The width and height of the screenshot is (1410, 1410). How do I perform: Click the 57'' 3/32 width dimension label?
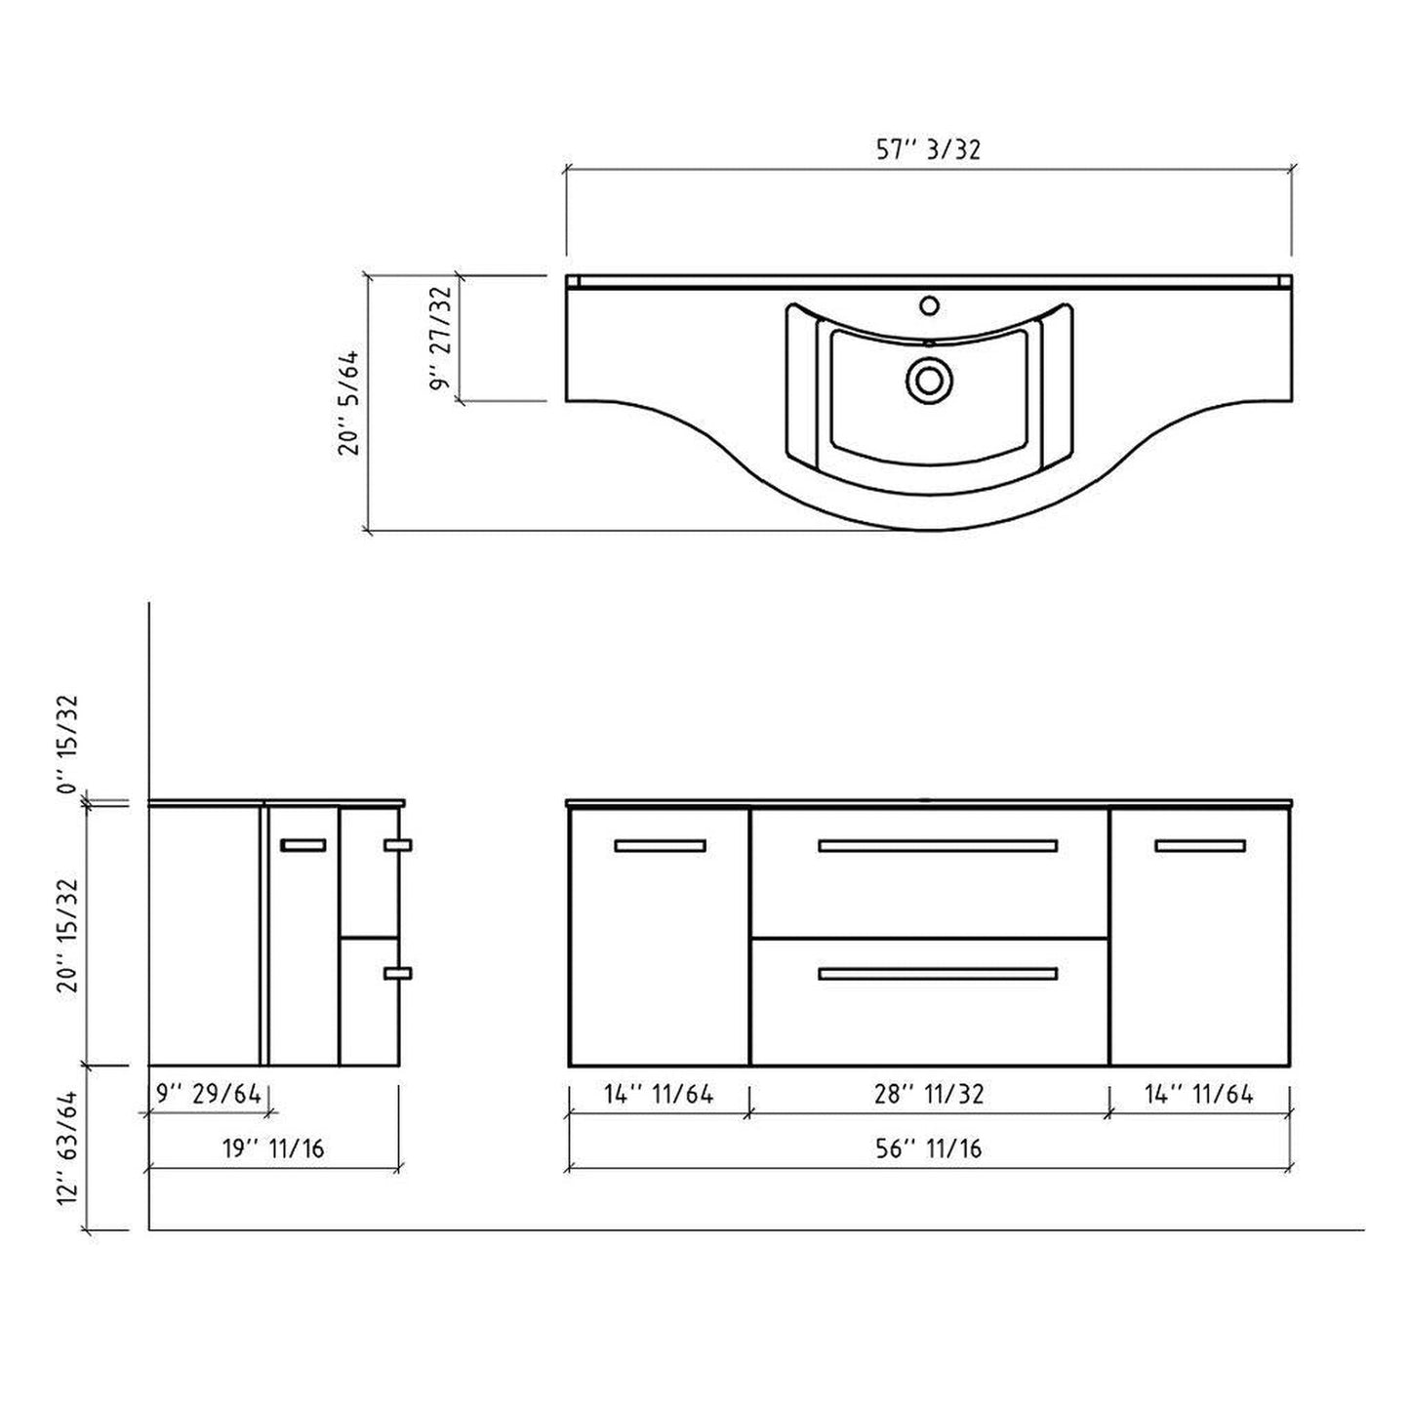tap(927, 149)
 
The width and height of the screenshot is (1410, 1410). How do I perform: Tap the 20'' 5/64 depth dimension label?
tap(350, 403)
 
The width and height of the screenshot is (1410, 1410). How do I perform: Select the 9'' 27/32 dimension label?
tap(445, 339)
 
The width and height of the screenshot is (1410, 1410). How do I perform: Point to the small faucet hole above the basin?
tap(929, 305)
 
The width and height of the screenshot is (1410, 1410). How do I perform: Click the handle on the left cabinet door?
tap(660, 846)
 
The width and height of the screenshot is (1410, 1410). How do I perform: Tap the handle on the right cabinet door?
tap(1199, 846)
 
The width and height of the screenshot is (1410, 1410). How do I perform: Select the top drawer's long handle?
tap(937, 846)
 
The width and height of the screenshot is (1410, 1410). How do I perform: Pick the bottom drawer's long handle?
tap(937, 973)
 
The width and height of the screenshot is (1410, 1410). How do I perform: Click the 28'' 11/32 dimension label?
tap(929, 1094)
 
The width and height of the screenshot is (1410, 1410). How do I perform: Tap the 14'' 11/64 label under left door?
tap(659, 1094)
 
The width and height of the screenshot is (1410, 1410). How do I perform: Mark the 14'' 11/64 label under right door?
tap(1198, 1094)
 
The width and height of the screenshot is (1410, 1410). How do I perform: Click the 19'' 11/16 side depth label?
tap(272, 1148)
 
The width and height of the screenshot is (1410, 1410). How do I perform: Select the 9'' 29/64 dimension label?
tap(209, 1094)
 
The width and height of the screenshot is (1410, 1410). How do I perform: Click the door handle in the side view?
tap(302, 846)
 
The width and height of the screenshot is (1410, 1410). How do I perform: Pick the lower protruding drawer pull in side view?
tap(398, 973)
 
